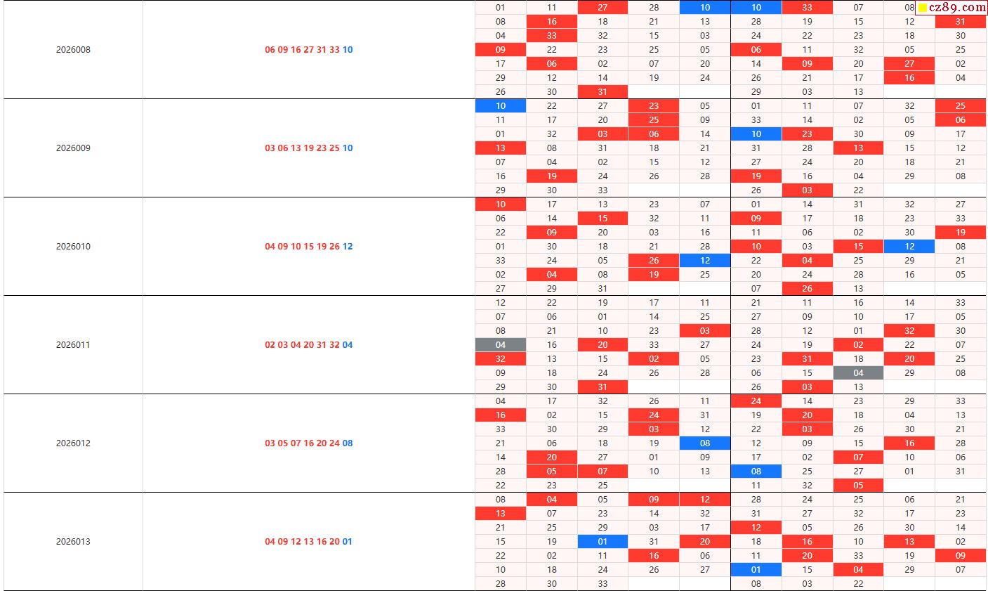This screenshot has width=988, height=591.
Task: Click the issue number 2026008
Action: pyautogui.click(x=73, y=50)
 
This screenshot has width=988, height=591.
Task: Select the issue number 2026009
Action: pyautogui.click(x=73, y=148)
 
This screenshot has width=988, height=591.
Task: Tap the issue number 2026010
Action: pyautogui.click(x=73, y=247)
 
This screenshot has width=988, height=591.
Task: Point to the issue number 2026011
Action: pyautogui.click(x=73, y=345)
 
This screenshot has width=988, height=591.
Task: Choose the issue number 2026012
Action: pyautogui.click(x=73, y=443)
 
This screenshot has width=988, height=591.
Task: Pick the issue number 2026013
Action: pyautogui.click(x=73, y=542)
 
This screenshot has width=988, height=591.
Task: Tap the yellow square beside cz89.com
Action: pyautogui.click(x=923, y=8)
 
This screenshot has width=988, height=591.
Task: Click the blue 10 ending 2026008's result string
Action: pyautogui.click(x=348, y=50)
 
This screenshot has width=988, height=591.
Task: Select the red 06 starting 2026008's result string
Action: pyautogui.click(x=270, y=50)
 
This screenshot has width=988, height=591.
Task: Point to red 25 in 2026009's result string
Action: pyautogui.click(x=334, y=148)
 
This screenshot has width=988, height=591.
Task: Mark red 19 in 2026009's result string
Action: pyautogui.click(x=308, y=148)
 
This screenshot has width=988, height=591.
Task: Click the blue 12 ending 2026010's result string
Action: pyautogui.click(x=348, y=247)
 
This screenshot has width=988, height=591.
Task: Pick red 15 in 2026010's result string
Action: pyautogui.click(x=308, y=247)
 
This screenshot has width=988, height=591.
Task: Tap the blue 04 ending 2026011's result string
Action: pyautogui.click(x=348, y=345)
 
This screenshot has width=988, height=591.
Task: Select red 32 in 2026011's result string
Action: pyautogui.click(x=334, y=345)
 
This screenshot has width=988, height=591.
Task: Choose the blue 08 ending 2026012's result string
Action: pyautogui.click(x=348, y=443)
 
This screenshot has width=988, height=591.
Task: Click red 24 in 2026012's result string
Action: pyautogui.click(x=334, y=443)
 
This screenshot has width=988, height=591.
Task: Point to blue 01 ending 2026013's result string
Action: pyautogui.click(x=348, y=542)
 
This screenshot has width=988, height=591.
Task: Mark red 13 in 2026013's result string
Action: pyautogui.click(x=308, y=542)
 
